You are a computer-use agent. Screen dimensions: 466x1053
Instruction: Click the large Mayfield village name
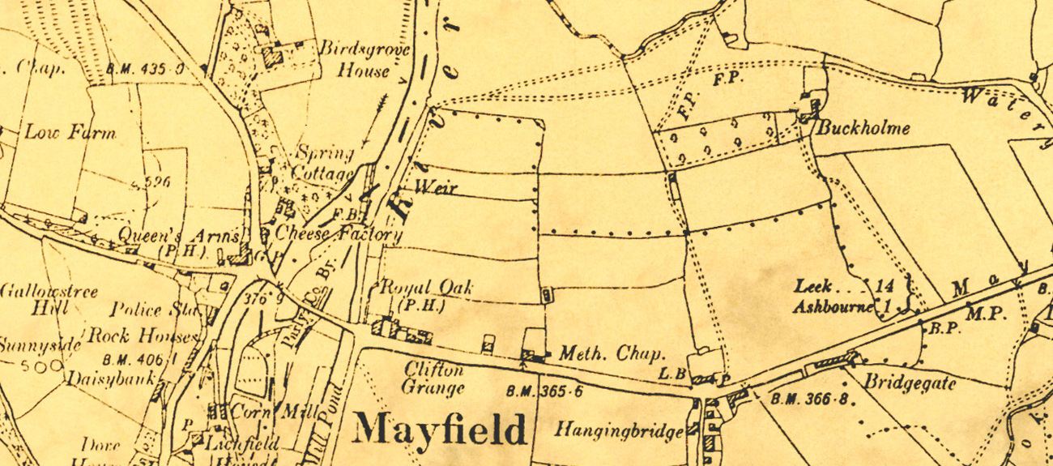tap(439, 429)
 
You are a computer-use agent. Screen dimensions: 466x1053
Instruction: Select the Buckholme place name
tap(863, 128)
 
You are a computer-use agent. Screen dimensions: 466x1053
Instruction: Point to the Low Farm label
tap(70, 133)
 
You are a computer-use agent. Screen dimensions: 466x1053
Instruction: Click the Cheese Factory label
tap(339, 235)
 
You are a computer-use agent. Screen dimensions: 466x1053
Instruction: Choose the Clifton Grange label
tap(433, 378)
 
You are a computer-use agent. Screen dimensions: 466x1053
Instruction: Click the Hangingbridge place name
tap(619, 431)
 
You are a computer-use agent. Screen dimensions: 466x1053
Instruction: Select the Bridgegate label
tap(910, 383)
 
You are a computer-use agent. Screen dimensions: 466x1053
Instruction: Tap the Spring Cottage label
tap(324, 163)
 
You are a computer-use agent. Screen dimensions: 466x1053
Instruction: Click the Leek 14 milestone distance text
tap(843, 286)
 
